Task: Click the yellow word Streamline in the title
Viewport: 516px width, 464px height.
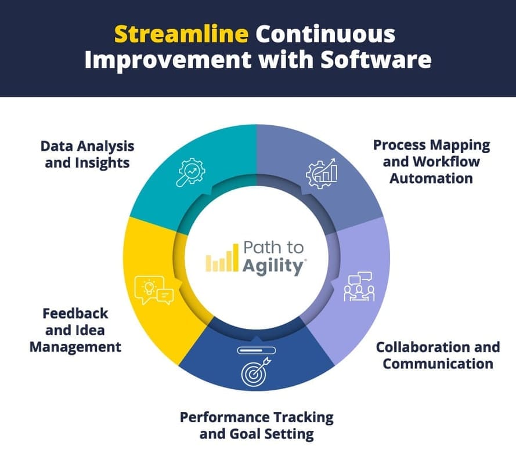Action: coord(181,34)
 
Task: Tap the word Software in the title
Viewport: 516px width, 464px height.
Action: coord(380,60)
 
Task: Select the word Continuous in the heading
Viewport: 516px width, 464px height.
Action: coord(326,34)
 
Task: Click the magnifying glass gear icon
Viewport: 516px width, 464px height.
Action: coord(191,172)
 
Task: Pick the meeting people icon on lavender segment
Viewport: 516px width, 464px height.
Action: coord(359,286)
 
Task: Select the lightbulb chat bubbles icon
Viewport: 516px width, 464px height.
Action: coord(153,289)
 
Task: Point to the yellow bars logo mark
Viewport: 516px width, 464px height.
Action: coord(222,259)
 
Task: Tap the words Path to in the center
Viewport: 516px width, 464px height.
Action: coord(273,248)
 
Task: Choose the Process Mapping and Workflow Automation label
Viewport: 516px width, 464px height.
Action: coord(431,161)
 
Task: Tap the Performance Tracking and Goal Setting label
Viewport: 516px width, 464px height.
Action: coord(257,425)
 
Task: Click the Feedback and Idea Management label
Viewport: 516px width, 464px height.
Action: coord(75,329)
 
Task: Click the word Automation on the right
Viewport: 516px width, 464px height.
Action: coord(431,177)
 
